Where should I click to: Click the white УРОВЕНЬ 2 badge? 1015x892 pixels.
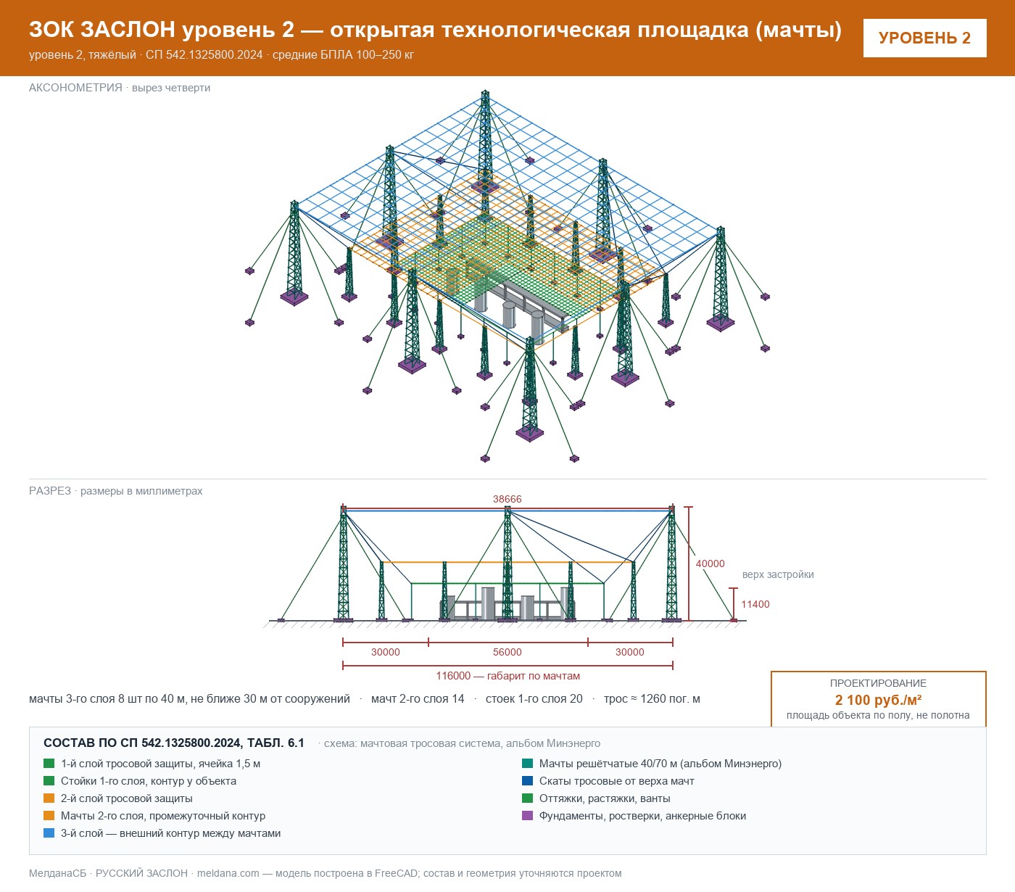924,38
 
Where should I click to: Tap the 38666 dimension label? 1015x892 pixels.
507,499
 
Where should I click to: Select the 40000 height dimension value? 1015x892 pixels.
710,563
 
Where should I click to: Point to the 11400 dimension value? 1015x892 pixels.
755,604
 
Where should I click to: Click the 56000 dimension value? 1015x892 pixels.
507,651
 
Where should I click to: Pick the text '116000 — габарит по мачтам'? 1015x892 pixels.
507,675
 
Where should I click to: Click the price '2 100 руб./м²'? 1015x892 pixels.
878,700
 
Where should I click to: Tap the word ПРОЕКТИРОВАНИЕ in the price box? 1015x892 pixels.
878,683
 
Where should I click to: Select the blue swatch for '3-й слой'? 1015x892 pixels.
49,833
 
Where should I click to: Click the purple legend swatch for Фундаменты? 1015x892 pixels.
527,815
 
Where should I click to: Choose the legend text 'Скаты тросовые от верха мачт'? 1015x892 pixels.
616,781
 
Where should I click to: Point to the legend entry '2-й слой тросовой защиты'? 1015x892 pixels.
126,798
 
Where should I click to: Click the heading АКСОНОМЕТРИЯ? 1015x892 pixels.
75,88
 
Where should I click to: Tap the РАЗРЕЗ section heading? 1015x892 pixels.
49,490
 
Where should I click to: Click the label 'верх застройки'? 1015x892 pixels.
777,574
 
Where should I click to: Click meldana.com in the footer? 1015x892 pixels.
228,873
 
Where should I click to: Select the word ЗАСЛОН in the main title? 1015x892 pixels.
128,30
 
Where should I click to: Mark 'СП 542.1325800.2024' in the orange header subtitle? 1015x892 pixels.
204,54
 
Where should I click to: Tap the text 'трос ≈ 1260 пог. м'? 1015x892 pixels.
651,698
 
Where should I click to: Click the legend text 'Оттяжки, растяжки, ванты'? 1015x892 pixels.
604,798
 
